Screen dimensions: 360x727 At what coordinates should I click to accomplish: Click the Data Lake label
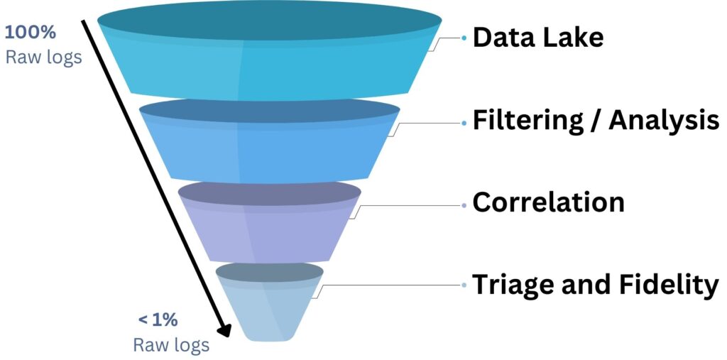click(537, 37)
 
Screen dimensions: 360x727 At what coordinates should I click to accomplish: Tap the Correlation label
click(548, 202)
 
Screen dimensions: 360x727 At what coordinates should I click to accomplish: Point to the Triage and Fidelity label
click(595, 285)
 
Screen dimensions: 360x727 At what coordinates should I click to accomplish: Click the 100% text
click(31, 33)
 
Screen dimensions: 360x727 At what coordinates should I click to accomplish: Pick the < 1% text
click(158, 320)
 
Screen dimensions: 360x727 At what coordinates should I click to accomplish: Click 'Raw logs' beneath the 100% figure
click(44, 57)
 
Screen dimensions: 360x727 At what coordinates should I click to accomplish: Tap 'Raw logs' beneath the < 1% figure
click(171, 345)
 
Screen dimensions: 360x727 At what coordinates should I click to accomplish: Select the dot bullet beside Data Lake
click(464, 38)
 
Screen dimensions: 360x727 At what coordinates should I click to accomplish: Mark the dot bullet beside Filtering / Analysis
click(464, 122)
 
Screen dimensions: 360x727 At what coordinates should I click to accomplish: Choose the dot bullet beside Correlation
click(464, 204)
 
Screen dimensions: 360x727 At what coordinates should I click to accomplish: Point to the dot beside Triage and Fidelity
click(464, 285)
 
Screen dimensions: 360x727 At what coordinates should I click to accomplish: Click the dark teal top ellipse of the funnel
click(269, 22)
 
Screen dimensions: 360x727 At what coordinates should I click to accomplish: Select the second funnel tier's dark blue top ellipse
click(269, 114)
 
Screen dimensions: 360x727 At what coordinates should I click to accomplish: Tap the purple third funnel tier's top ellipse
click(269, 194)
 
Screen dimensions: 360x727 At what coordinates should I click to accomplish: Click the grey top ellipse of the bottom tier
click(269, 274)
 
